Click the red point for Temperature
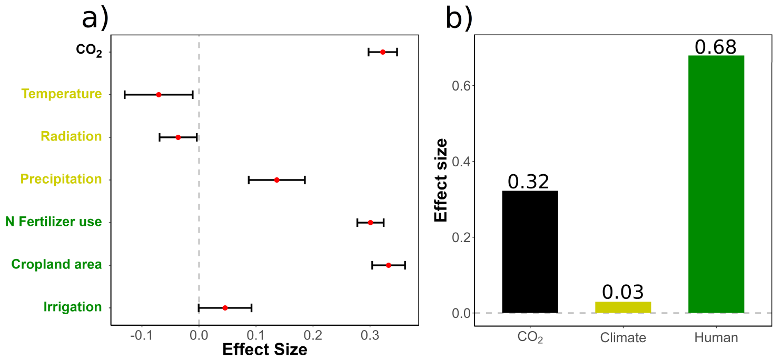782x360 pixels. pos(159,95)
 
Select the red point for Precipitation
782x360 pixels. pos(276,180)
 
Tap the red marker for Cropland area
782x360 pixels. pos(389,265)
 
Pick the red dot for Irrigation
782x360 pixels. pos(225,308)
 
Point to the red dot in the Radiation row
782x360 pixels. pos(178,137)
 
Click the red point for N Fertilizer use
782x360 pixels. pos(370,223)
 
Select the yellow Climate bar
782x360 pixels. pos(623,307)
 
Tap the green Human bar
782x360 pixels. pos(716,184)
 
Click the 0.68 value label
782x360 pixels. pos(716,47)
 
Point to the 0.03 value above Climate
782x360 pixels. pos(623,293)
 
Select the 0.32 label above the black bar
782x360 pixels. pos(529,182)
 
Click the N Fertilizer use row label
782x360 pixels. pos(53,222)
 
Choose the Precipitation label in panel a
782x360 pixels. pos(61,179)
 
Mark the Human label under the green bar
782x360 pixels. pos(716,338)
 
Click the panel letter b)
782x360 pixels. pos(459,19)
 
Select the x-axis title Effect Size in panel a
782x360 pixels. pos(265,349)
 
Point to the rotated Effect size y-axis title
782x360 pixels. pos(441,180)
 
